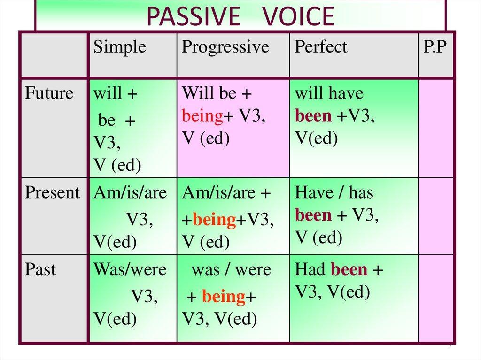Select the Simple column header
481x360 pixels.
click(120, 47)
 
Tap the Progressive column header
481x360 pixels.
click(225, 47)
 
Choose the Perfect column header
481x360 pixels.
click(321, 46)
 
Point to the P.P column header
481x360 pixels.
click(434, 46)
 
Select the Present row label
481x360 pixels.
click(52, 192)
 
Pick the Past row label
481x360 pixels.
click(40, 269)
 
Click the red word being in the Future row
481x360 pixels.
click(202, 116)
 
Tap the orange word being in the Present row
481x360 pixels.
click(214, 220)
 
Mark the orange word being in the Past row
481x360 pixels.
click(224, 297)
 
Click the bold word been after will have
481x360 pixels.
click(313, 115)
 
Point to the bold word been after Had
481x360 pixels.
click(349, 269)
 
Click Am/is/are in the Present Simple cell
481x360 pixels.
click(131, 193)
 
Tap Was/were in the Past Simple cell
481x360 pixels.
click(130, 269)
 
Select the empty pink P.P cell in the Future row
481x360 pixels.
click(435, 128)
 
